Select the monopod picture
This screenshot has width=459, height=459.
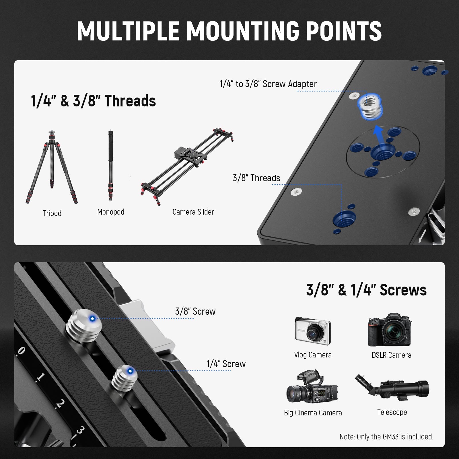110,166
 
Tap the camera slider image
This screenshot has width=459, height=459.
187,166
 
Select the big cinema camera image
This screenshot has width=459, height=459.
312,386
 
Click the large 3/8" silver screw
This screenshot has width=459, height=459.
84,326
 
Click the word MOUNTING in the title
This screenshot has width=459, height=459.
243,31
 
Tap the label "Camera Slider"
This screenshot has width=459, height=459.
193,212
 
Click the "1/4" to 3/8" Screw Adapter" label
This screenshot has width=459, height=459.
268,84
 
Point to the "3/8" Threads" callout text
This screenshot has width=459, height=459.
256,178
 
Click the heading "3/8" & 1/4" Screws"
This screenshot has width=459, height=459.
366,290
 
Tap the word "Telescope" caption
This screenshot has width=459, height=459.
392,412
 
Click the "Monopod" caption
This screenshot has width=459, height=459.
111,212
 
